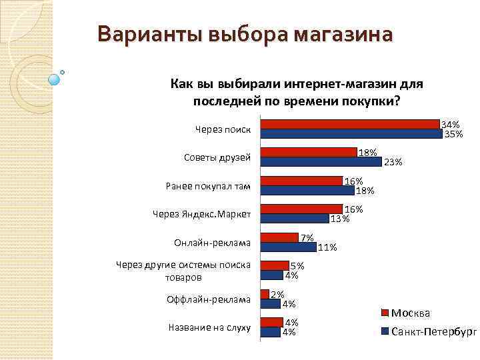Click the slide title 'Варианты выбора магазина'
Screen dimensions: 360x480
[x=245, y=33]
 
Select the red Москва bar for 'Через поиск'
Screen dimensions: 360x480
[x=351, y=124]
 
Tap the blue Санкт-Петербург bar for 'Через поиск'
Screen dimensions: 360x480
[x=351, y=133]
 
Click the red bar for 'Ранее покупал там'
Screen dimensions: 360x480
[x=301, y=181]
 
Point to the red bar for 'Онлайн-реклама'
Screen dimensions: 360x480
[x=279, y=237]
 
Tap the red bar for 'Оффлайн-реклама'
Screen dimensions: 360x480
[x=265, y=294]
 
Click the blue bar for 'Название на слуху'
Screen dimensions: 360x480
[x=271, y=332]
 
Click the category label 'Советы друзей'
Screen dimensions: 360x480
[x=217, y=158]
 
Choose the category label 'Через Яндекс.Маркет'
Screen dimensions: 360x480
[x=202, y=215]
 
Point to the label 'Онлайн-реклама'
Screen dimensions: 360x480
[x=211, y=242]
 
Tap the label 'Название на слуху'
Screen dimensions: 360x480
[x=209, y=327]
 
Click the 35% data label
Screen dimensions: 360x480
[x=453, y=134]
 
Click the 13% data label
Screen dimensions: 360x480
[x=340, y=219]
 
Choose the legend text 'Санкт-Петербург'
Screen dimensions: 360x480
[x=434, y=331]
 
